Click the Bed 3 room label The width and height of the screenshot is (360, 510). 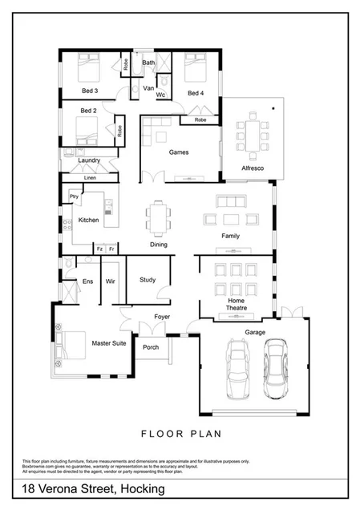[90, 91]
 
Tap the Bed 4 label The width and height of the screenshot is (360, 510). [196, 93]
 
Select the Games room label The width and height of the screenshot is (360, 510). [178, 152]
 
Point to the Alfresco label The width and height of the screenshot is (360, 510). [253, 168]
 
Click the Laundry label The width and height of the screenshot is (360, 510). [89, 160]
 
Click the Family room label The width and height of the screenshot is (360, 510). [231, 236]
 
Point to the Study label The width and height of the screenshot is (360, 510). [148, 280]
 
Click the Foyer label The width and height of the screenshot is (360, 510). [162, 317]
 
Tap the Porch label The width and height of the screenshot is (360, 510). [150, 347]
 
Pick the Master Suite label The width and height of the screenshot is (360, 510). [106, 342]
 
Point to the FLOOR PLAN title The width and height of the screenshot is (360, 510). [180, 435]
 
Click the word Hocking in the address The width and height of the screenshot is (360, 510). [143, 488]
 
